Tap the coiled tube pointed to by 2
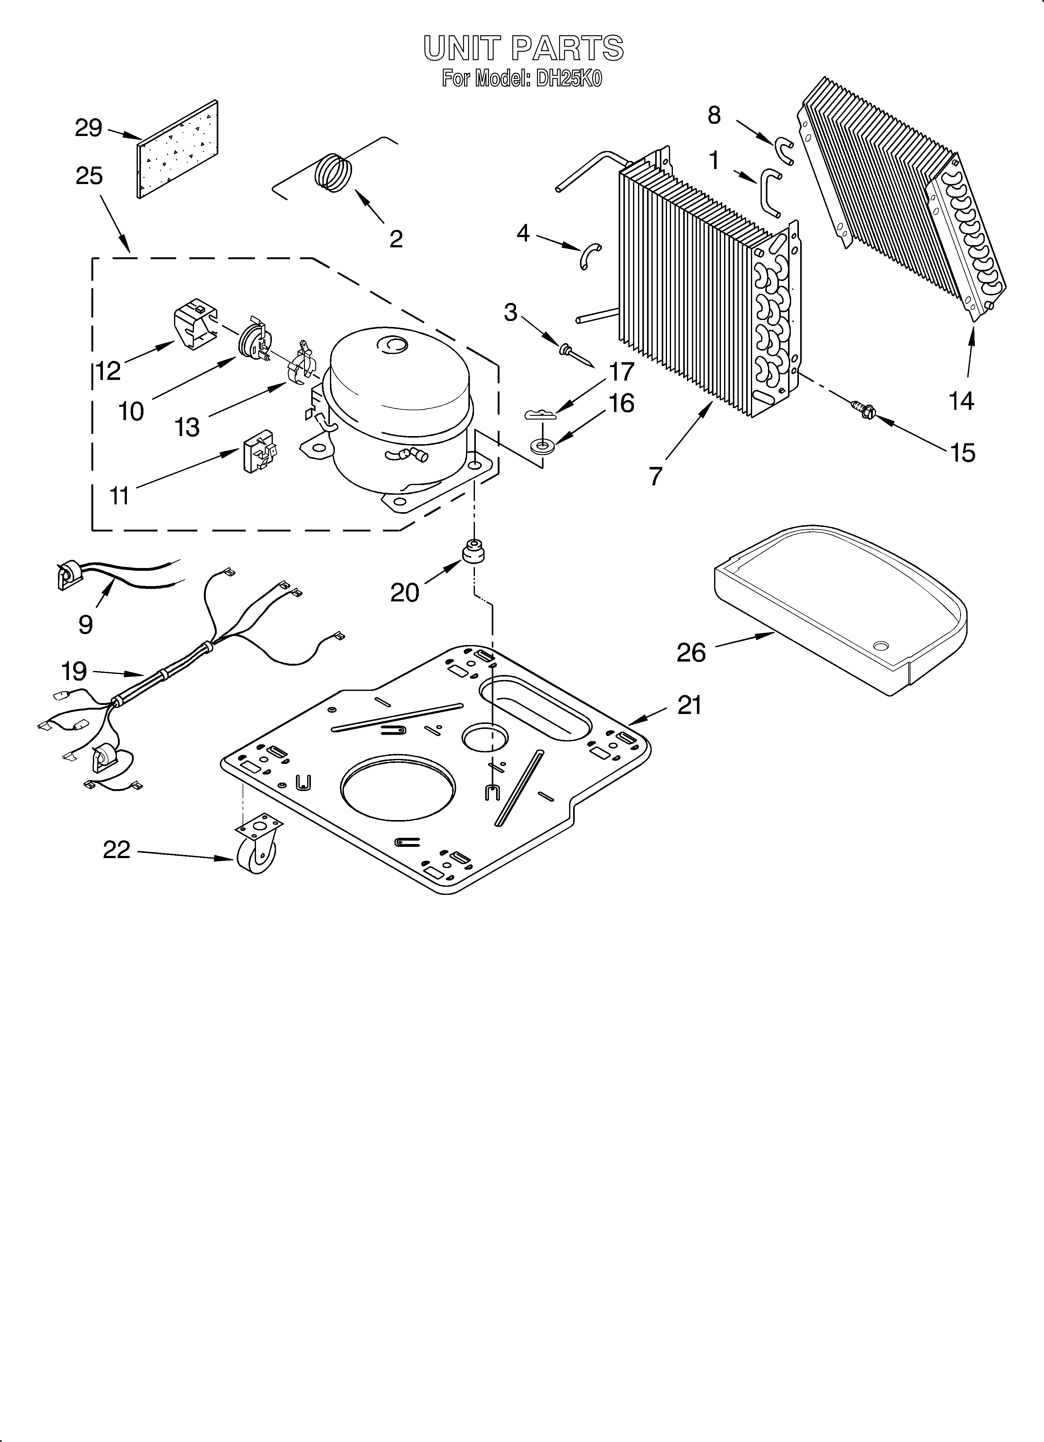335,172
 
